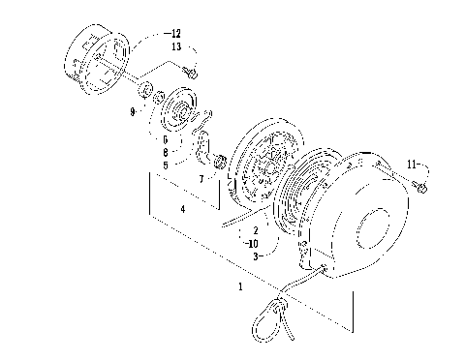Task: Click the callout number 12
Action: click(x=174, y=33)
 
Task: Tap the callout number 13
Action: click(x=174, y=46)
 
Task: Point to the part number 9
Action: click(x=132, y=111)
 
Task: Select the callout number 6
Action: click(x=167, y=139)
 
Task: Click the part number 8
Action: click(x=167, y=152)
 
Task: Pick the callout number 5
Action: click(x=167, y=165)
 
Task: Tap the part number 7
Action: click(x=200, y=180)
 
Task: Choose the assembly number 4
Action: click(x=183, y=208)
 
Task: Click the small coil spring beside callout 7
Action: click(x=220, y=161)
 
